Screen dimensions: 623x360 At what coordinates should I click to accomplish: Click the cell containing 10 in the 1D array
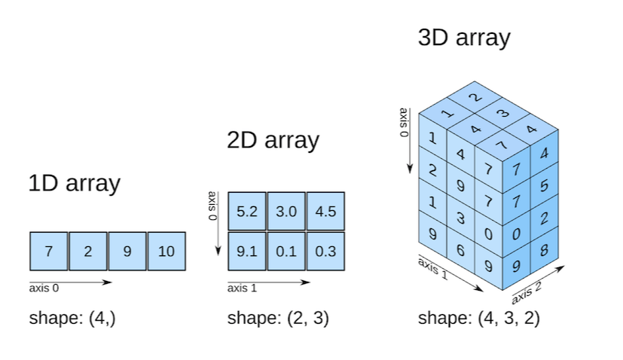166,252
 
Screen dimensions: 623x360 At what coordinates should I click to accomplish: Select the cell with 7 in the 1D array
49,252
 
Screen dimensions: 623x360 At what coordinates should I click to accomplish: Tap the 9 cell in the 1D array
127,252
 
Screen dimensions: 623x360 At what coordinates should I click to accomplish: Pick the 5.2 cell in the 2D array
247,212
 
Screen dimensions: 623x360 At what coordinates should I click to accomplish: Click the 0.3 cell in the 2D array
325,252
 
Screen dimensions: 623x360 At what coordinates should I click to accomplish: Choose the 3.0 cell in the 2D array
286,212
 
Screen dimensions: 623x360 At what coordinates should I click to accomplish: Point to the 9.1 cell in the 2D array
247,252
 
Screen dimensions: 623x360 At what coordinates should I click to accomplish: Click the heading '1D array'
74,183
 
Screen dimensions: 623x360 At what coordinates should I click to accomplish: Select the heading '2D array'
273,141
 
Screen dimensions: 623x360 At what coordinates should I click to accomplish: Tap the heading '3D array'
464,38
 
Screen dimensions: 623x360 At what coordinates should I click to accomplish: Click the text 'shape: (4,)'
72,318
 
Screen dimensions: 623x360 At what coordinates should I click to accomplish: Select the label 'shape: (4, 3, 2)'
479,318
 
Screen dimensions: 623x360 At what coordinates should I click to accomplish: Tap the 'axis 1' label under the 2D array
242,288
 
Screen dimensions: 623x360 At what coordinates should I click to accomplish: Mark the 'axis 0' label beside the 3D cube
404,123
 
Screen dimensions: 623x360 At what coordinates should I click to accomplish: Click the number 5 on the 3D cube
545,185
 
